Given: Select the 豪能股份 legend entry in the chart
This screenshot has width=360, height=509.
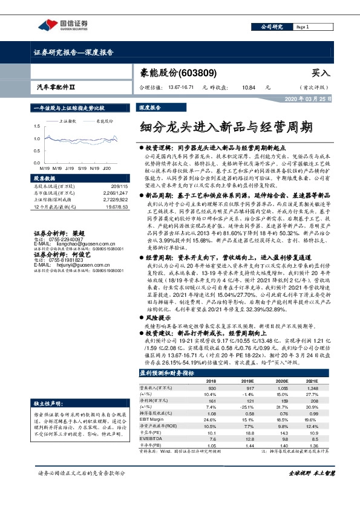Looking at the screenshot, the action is pyautogui.click(x=104, y=121).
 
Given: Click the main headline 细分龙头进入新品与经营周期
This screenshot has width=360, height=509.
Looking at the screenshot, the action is pyautogui.click(x=226, y=127).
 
